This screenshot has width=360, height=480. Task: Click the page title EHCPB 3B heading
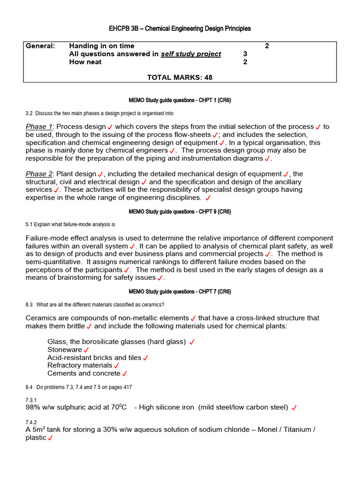pyautogui.click(x=180, y=29)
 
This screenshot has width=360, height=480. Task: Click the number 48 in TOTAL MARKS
pyautogui.click(x=208, y=77)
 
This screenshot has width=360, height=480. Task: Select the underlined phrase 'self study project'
pyautogui.click(x=191, y=54)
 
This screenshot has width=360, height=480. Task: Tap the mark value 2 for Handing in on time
pyautogui.click(x=267, y=46)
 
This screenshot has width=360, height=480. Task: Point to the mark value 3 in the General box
pyautogui.click(x=245, y=54)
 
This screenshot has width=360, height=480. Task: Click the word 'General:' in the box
pyautogui.click(x=40, y=46)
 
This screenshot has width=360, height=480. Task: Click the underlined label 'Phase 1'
pyautogui.click(x=39, y=127)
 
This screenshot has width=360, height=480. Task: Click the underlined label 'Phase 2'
pyautogui.click(x=39, y=174)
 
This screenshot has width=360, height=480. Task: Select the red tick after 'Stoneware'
pyautogui.click(x=86, y=350)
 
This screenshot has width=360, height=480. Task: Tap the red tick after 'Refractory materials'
pyautogui.click(x=117, y=366)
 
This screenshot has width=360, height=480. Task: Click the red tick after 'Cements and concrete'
pyautogui.click(x=125, y=374)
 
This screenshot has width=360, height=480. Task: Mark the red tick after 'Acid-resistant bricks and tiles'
pyautogui.click(x=145, y=358)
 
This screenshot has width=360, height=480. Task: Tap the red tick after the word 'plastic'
pyautogui.click(x=50, y=438)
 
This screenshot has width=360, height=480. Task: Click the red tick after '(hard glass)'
pyautogui.click(x=192, y=342)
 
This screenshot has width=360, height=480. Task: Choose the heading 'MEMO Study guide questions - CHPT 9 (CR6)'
pyautogui.click(x=180, y=212)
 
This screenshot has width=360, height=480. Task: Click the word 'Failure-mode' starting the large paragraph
pyautogui.click(x=47, y=238)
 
